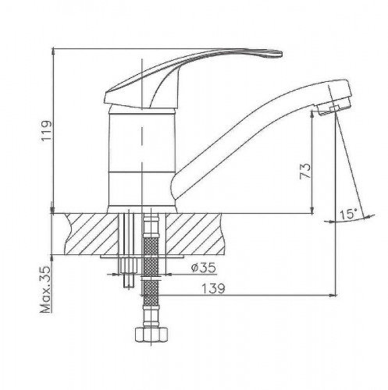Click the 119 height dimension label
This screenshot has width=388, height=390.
(x=47, y=130)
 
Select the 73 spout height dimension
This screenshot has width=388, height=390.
(x=305, y=171)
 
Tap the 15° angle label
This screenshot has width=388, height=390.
(x=348, y=214)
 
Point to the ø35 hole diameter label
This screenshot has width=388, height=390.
(x=204, y=268)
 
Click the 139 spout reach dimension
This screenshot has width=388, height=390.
(x=213, y=289)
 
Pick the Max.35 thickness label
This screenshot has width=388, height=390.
(x=45, y=289)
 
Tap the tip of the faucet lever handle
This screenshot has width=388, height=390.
(x=282, y=54)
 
